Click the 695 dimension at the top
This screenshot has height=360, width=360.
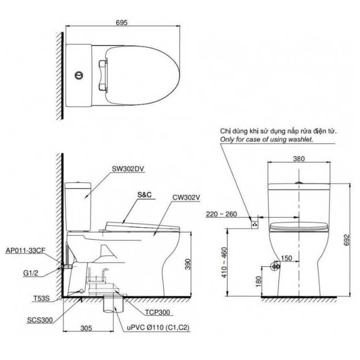(x=122, y=22)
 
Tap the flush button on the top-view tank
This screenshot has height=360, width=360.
(x=79, y=75)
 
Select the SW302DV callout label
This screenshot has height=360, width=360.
(x=128, y=169)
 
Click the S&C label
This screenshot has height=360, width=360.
(x=144, y=195)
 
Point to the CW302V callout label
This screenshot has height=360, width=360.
(x=186, y=197)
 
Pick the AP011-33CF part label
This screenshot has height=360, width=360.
(x=26, y=250)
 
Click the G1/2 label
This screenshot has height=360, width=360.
(x=30, y=273)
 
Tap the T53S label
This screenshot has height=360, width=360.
(x=42, y=298)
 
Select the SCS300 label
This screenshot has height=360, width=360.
(x=40, y=320)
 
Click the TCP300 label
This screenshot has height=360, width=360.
(x=158, y=312)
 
